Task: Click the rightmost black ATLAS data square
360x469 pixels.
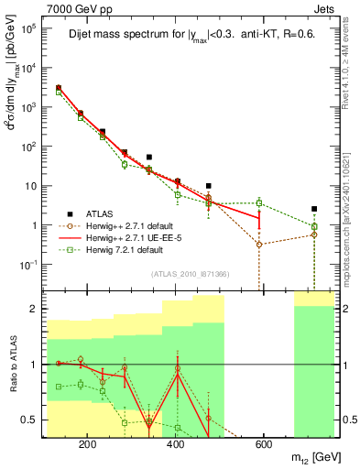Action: tap(314, 209)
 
